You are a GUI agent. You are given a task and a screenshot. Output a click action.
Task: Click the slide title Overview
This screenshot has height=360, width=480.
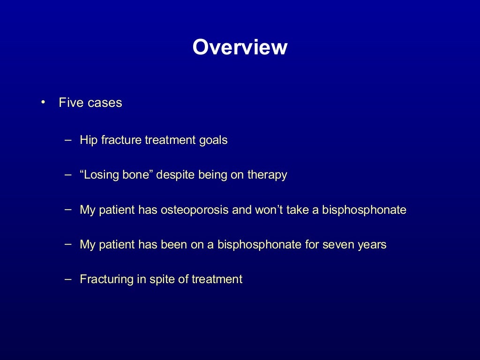click(240, 47)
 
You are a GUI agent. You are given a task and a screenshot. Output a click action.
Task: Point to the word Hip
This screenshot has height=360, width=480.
click(88, 140)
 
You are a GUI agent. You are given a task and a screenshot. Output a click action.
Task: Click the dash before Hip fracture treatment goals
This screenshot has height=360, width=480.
click(68, 140)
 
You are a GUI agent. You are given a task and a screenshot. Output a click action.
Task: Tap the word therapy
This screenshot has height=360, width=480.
click(267, 175)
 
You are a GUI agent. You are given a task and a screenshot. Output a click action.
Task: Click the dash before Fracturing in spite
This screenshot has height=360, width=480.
click(68, 279)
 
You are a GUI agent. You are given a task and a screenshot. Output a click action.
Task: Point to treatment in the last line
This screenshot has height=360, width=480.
click(216, 279)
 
